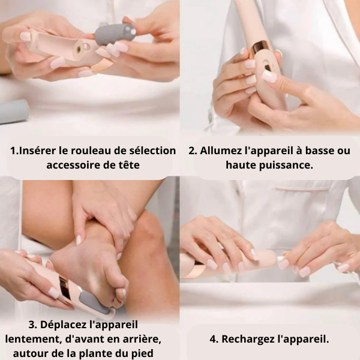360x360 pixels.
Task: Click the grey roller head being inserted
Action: [115, 34]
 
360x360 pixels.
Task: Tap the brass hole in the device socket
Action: [78, 49]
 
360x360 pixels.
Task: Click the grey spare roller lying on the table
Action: [14, 112]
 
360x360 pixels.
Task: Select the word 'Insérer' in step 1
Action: [33, 151]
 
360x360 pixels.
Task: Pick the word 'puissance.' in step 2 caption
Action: [286, 166]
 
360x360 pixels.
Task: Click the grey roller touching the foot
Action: [94, 301]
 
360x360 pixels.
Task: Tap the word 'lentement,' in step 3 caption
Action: [34, 340]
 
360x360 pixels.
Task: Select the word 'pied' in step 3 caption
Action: [142, 353]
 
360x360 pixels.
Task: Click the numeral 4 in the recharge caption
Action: [213, 340]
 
